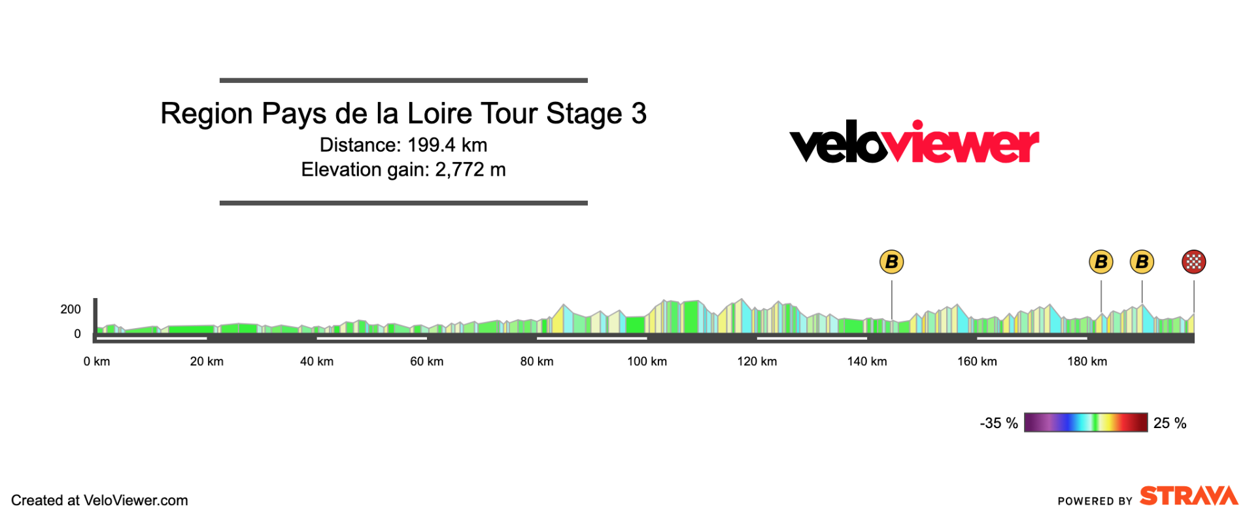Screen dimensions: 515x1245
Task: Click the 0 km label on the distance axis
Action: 97,361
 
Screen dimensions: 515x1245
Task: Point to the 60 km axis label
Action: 426,361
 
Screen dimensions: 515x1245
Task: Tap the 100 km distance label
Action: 647,361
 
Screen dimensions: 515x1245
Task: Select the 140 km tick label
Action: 867,361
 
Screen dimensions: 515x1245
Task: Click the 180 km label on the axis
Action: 1087,361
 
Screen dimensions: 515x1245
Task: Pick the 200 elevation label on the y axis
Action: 71,309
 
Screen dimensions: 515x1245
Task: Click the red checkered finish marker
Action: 1193,262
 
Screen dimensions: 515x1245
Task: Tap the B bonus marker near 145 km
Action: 891,262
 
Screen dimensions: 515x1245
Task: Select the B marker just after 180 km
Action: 1101,262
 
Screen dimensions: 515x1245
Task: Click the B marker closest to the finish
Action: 1142,262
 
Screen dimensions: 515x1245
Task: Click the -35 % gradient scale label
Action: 998,424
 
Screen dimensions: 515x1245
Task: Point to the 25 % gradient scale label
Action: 1170,424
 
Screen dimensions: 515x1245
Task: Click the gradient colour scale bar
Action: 1085,423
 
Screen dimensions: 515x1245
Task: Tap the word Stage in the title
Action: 584,114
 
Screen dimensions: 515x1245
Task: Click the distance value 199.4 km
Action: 447,145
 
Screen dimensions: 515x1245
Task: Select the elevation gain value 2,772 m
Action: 470,170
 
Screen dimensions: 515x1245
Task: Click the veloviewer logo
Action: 914,142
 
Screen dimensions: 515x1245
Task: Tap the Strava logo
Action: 1189,496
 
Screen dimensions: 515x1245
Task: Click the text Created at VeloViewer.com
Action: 99,501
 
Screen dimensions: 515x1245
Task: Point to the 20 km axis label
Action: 207,361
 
